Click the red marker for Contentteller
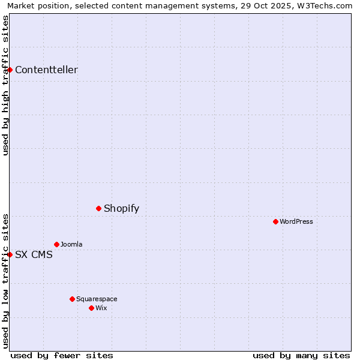[x=10, y=70]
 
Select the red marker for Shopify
[x=99, y=208]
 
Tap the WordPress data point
[x=276, y=221]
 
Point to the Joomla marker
[x=57, y=244]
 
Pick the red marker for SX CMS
[x=10, y=254]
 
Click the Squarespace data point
[x=73, y=299]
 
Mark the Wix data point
[x=92, y=308]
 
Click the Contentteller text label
[x=46, y=70]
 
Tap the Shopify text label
[x=121, y=208]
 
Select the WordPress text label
[x=296, y=221]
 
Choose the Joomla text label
[x=71, y=244]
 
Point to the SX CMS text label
[x=34, y=254]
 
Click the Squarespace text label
[x=97, y=299]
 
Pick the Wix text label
[x=101, y=308]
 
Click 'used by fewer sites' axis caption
[x=62, y=355]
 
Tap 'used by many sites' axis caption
[x=301, y=355]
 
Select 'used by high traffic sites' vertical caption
[x=5, y=85]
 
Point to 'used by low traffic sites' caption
[x=5, y=281]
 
